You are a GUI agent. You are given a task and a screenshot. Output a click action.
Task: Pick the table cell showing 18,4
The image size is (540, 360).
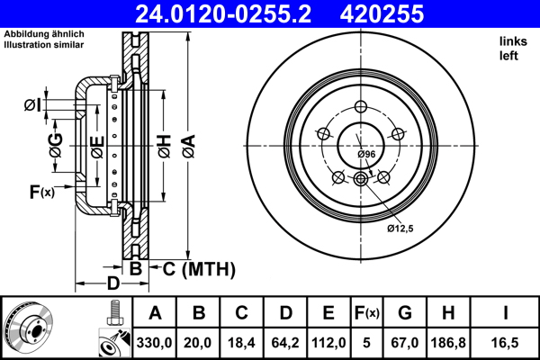click(242, 343)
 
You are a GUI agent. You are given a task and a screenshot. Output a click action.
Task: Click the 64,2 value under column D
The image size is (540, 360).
click(285, 343)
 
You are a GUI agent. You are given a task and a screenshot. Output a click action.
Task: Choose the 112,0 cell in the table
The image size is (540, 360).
click(328, 343)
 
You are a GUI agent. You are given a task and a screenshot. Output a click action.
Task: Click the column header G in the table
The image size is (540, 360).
click(406, 313)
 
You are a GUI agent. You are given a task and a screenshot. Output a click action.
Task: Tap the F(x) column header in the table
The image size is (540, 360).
click(366, 313)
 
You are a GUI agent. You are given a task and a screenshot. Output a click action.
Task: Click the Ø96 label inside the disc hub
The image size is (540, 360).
click(365, 155)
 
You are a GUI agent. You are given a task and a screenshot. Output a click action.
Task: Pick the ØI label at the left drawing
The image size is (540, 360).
click(32, 106)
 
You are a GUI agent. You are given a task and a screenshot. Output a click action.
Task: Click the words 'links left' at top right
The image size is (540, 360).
click(510, 49)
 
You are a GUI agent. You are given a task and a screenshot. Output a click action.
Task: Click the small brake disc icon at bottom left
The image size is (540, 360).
click(30, 326)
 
